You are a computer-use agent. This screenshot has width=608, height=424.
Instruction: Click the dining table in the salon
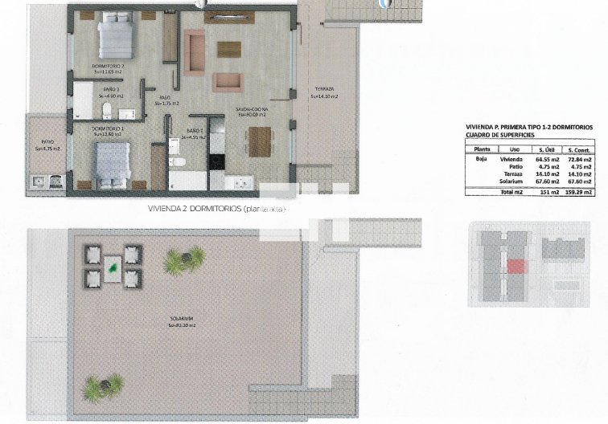(x=260, y=142)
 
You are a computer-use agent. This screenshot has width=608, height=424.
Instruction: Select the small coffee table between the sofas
(x=229, y=48)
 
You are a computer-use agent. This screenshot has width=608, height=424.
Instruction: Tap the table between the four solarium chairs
(x=113, y=266)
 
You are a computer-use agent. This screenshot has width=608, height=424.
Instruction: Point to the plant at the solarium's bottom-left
(x=102, y=388)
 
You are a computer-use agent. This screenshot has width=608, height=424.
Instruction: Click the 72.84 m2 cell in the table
(x=579, y=160)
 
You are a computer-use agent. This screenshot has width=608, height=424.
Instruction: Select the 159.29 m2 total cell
(x=579, y=193)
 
